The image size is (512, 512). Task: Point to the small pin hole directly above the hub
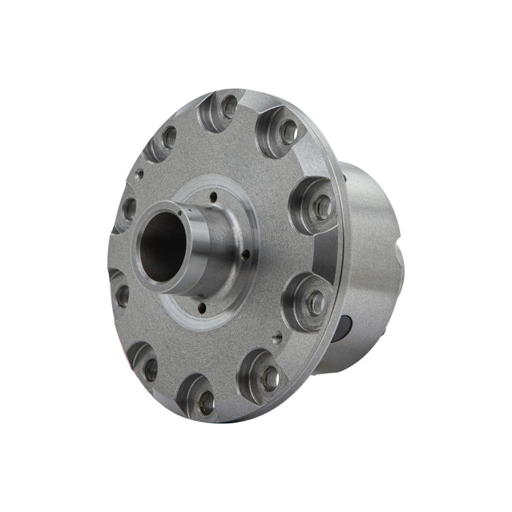tap(212, 196)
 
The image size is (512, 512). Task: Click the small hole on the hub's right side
tap(246, 255)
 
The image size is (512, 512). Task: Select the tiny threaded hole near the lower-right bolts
tap(278, 338)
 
